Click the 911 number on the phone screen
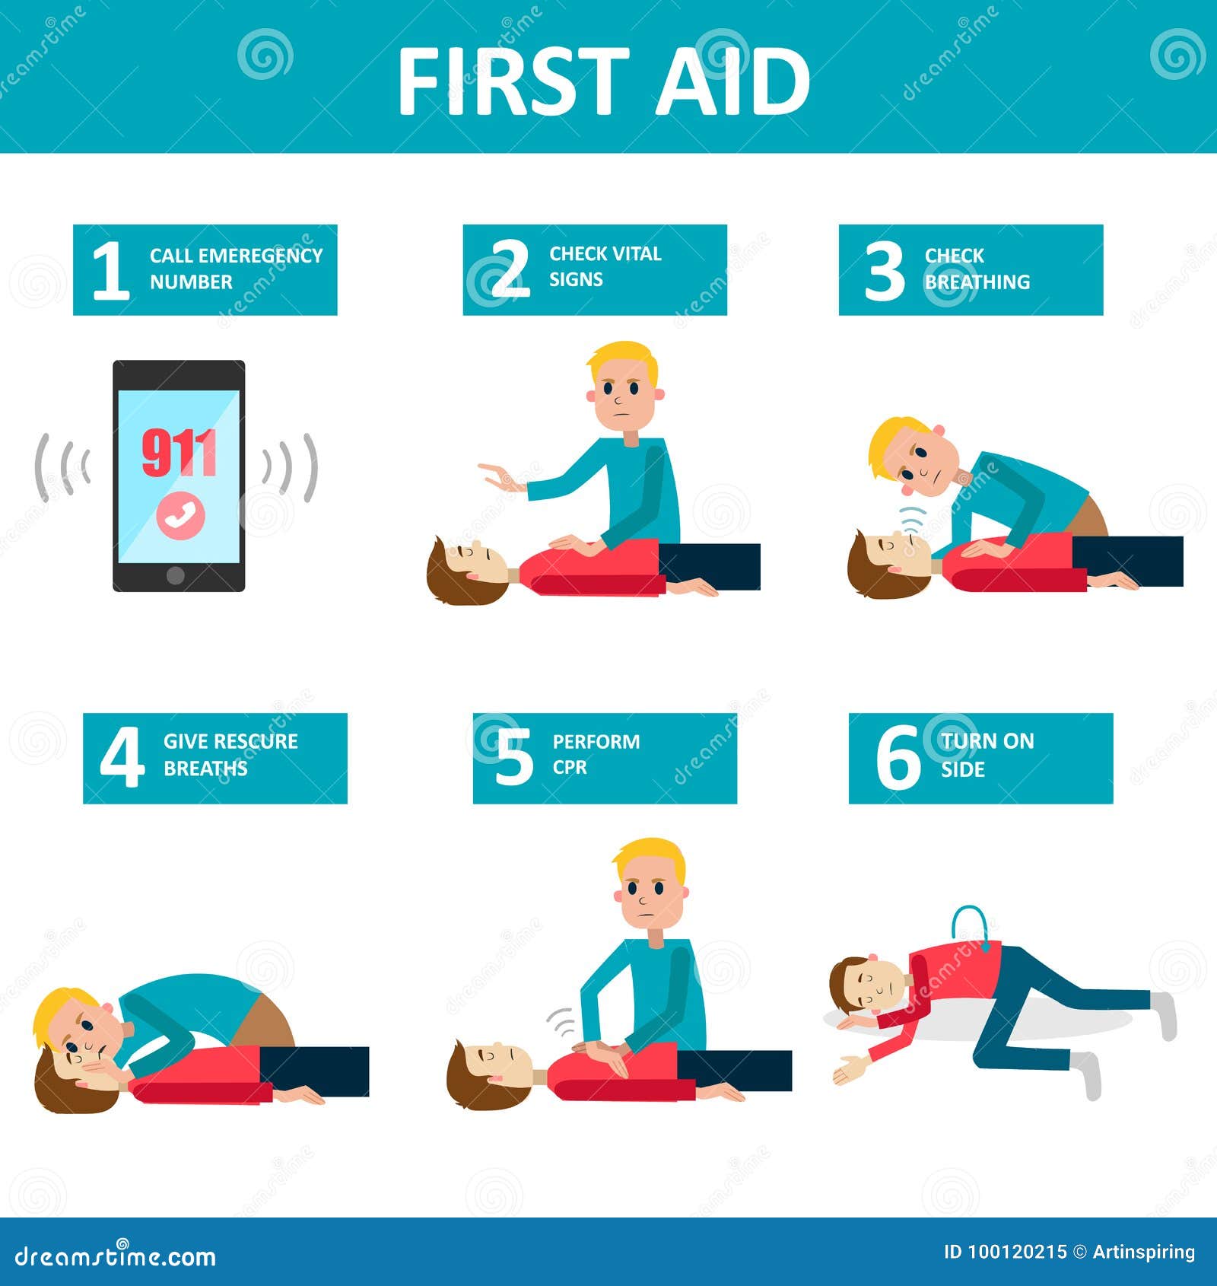tap(180, 453)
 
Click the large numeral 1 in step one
tap(110, 270)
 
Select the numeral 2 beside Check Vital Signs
tap(509, 269)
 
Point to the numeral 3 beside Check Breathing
tap(885, 270)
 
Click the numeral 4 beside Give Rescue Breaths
tap(122, 757)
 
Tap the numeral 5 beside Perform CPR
tap(514, 756)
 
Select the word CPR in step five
tap(570, 767)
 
